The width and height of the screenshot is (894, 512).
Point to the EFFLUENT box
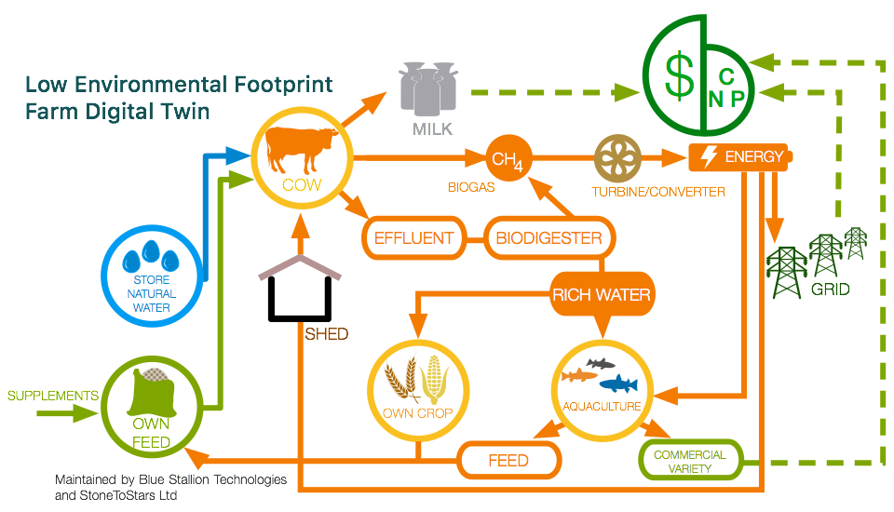pos(413,237)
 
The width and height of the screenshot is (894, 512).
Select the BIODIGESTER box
pos(549,237)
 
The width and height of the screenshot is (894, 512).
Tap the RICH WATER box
pos(601,296)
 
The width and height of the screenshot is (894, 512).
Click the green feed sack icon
pos(152,396)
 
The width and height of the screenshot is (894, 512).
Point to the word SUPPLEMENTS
pos(53,396)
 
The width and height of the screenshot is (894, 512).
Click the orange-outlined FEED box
pos(508,460)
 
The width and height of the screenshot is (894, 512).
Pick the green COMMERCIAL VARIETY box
pos(689,461)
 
